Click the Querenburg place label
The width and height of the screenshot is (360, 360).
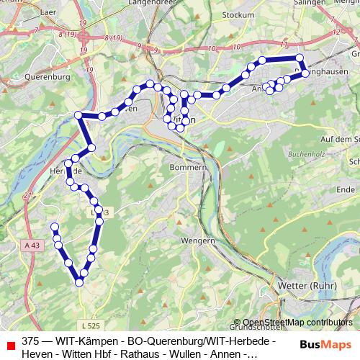tap(46, 76)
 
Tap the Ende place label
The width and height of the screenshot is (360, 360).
tap(346, 189)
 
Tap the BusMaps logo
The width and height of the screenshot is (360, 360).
tap(327, 344)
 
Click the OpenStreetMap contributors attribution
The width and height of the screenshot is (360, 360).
tap(297, 323)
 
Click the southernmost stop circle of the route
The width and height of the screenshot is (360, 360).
tap(79, 282)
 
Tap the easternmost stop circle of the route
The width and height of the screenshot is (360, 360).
tap(305, 73)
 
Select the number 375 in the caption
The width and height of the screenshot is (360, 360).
tap(31, 340)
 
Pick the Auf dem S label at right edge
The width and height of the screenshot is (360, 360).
tap(340, 139)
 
